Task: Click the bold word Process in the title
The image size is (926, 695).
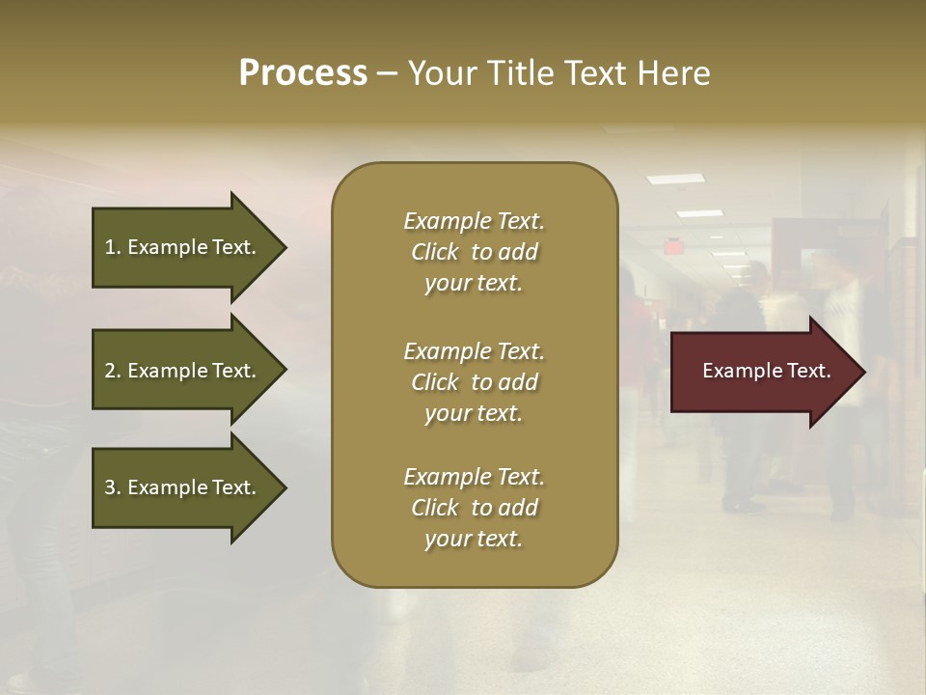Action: tap(303, 73)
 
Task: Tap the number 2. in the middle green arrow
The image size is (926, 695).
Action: tap(113, 371)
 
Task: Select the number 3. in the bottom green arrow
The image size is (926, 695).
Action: tap(113, 487)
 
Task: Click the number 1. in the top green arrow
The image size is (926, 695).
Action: tap(113, 247)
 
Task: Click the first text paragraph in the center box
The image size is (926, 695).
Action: tap(474, 252)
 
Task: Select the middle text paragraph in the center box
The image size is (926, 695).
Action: tap(474, 382)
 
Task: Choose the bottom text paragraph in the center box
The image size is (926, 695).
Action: tap(474, 508)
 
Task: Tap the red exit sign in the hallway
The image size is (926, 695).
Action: tap(672, 246)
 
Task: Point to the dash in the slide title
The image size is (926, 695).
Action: tap(387, 74)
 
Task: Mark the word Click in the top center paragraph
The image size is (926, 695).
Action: tap(435, 252)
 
